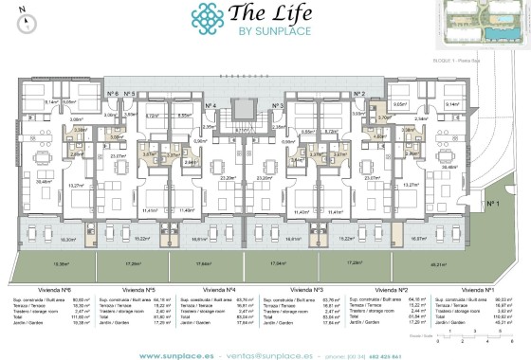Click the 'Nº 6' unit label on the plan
pyautogui.click(x=113, y=94)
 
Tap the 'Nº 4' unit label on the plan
pyautogui.click(x=209, y=105)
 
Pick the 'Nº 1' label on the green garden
pyautogui.click(x=492, y=203)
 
